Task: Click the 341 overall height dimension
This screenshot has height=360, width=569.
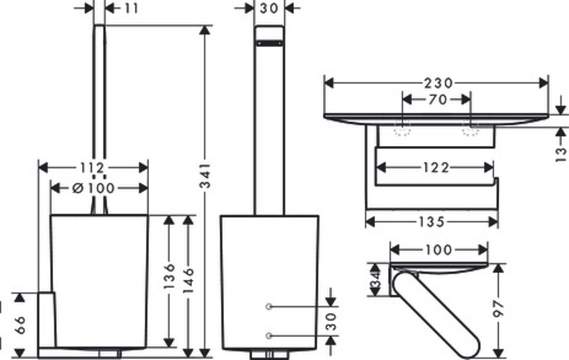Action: click(x=205, y=176)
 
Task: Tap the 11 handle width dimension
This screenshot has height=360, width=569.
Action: click(x=132, y=8)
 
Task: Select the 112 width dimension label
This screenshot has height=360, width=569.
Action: click(x=92, y=168)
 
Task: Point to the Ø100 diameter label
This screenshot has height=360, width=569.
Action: click(x=93, y=188)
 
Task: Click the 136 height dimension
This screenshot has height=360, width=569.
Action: click(x=169, y=276)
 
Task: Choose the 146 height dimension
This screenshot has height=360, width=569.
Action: click(x=188, y=280)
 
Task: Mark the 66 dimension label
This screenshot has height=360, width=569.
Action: click(x=20, y=325)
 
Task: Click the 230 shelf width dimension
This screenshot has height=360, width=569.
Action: click(x=438, y=83)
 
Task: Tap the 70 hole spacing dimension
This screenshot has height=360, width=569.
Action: click(x=437, y=100)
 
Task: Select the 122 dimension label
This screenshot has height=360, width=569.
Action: click(x=436, y=168)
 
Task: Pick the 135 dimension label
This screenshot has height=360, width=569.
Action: click(x=432, y=222)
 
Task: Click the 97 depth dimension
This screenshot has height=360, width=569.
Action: click(x=498, y=309)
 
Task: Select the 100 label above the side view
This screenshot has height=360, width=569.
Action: click(x=439, y=250)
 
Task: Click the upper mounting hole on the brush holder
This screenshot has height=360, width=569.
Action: click(x=269, y=307)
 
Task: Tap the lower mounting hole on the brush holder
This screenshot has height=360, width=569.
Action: click(x=269, y=336)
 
